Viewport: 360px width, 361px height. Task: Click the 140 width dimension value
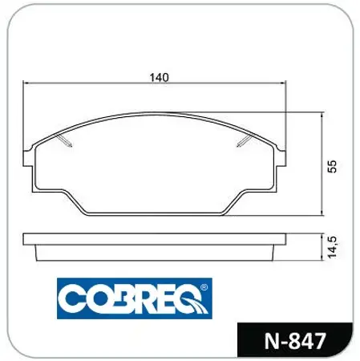pos(159,78)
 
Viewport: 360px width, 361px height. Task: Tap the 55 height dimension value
pos(331,165)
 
